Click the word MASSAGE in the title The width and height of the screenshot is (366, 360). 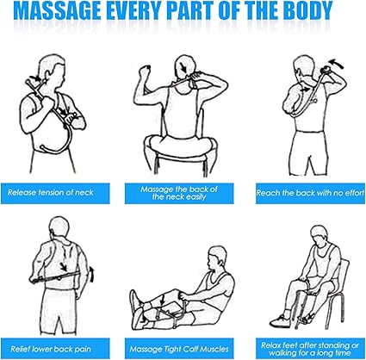click(57, 11)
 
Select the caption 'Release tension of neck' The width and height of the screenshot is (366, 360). click(51, 192)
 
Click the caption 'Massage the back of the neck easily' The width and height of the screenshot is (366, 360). click(179, 193)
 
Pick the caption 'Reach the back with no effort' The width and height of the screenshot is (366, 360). click(310, 193)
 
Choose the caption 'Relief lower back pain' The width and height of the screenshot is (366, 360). click(51, 349)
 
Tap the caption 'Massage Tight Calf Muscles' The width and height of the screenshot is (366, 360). click(179, 349)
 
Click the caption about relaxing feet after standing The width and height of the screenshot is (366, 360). click(310, 349)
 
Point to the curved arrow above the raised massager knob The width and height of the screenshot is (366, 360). click(337, 64)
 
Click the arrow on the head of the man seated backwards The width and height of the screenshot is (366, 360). click(183, 68)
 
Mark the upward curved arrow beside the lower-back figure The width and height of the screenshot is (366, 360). click(91, 274)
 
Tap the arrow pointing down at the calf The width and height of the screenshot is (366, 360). click(162, 301)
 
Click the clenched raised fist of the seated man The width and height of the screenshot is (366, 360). click(145, 70)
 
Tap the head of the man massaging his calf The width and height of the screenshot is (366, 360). click(217, 257)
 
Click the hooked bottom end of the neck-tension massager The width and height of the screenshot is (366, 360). click(43, 147)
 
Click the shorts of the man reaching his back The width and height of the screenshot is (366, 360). click(308, 152)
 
